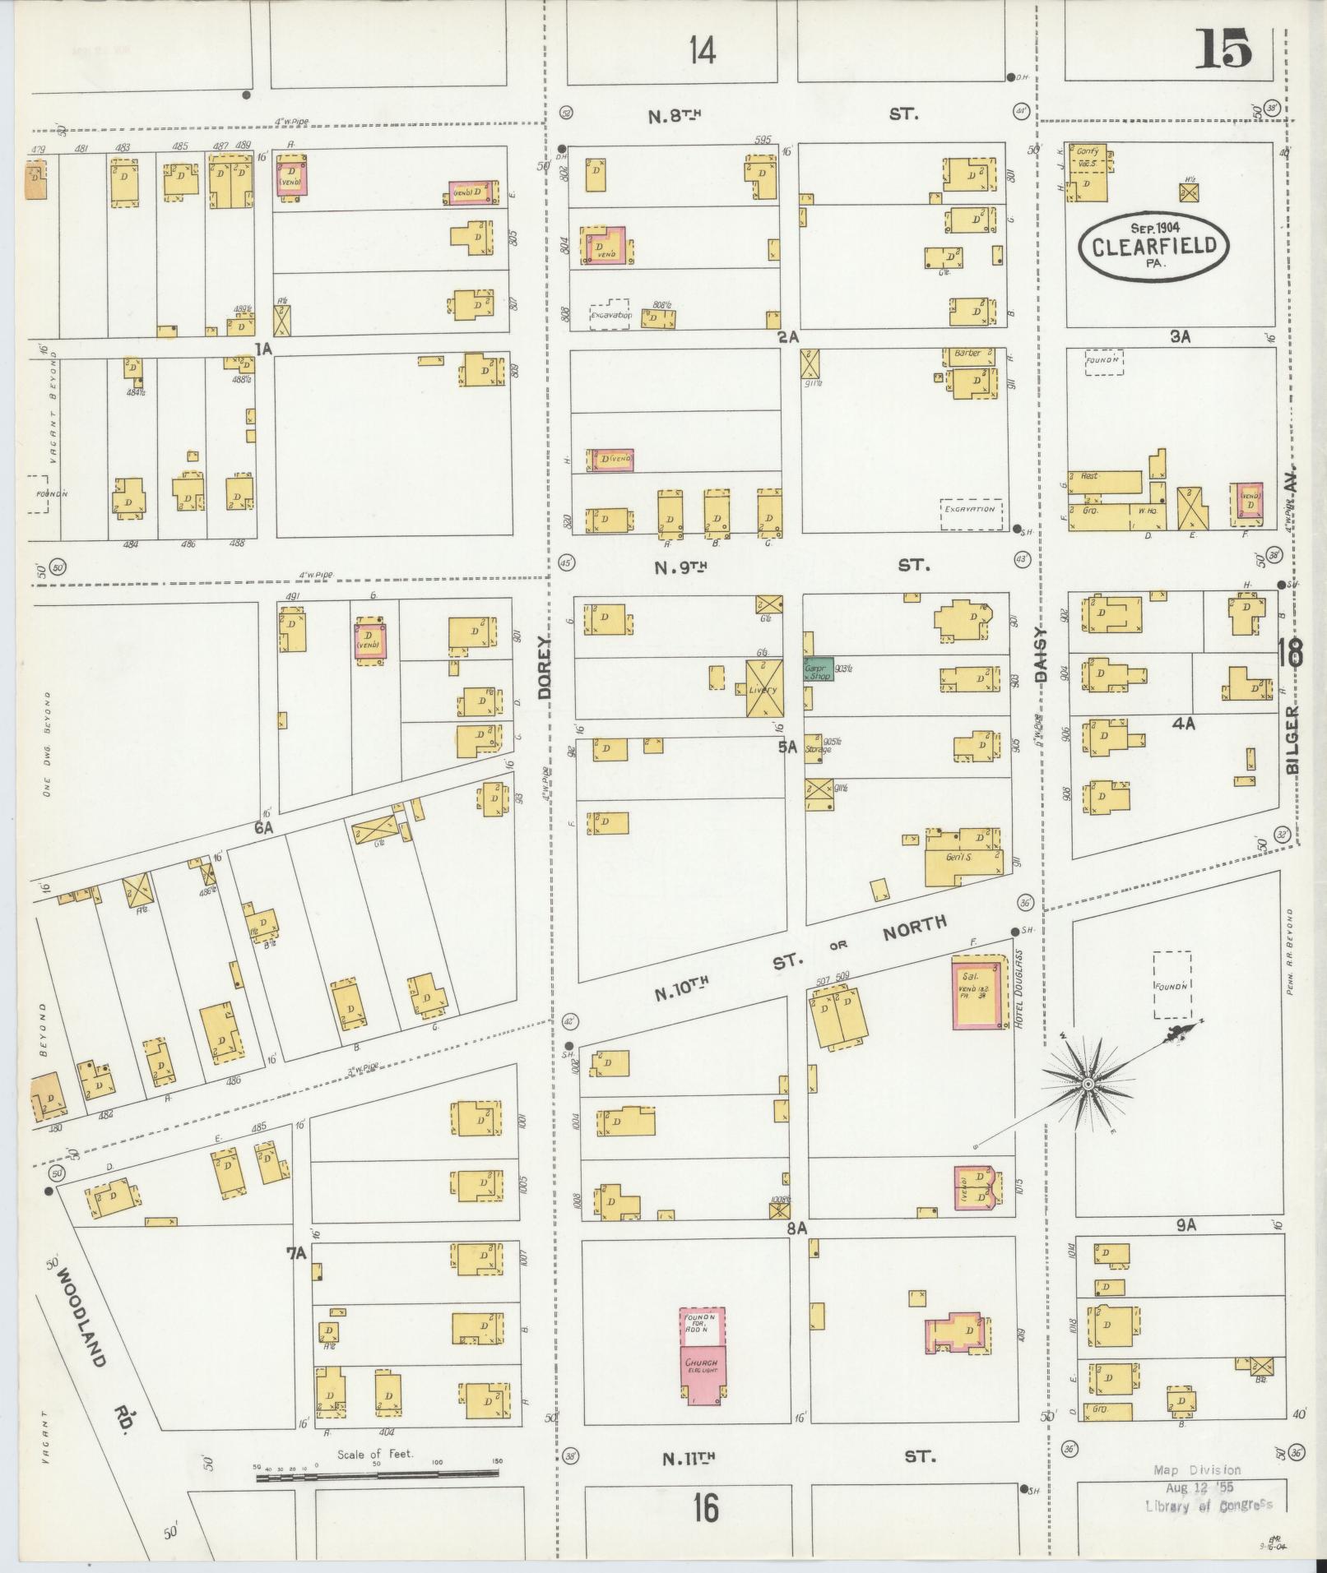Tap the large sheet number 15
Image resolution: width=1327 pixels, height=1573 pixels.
click(x=1223, y=50)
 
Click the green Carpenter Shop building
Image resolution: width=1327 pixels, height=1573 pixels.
click(x=819, y=670)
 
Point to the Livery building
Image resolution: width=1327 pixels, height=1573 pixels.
click(x=764, y=688)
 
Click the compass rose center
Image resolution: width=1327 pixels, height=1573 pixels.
click(x=1088, y=1085)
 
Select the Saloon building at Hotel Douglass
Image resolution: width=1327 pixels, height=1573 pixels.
click(x=978, y=992)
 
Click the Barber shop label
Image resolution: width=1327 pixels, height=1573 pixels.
click(x=968, y=354)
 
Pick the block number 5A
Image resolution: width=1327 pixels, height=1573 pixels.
click(x=789, y=747)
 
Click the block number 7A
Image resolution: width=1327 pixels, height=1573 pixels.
click(x=295, y=1253)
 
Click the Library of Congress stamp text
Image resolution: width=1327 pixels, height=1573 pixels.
click(x=1208, y=1505)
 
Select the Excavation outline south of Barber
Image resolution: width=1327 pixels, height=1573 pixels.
click(x=972, y=509)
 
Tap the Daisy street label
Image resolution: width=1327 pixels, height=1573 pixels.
click(x=1039, y=655)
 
